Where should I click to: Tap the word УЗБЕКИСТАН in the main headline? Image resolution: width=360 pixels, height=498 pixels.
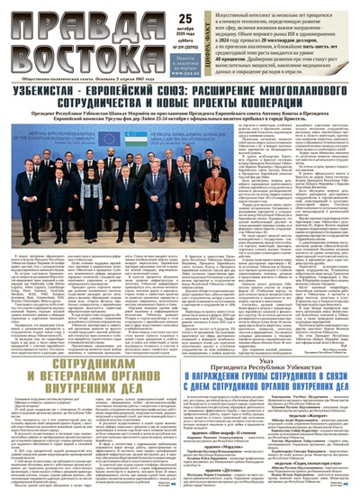tap(62, 91)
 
